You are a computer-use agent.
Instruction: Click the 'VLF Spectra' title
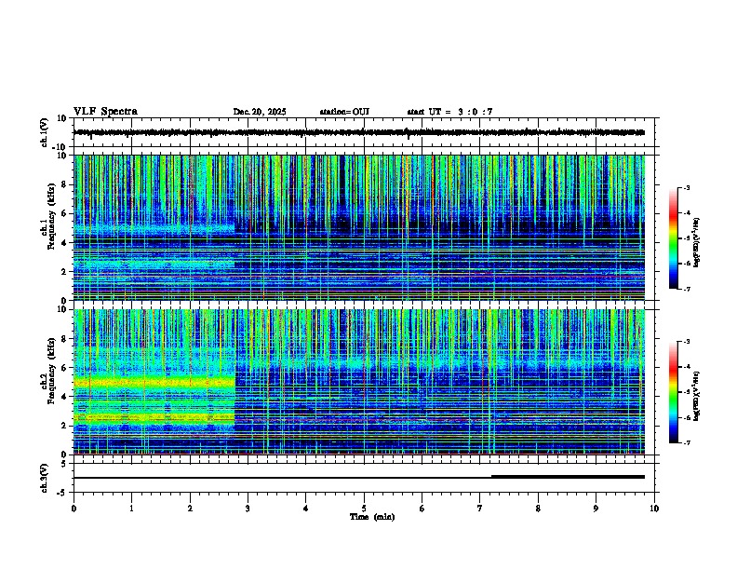click(x=105, y=112)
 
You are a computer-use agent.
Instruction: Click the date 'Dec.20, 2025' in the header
click(x=260, y=112)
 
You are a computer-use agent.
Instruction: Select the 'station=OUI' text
click(x=344, y=112)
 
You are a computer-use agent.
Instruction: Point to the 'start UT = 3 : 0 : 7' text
click(x=449, y=112)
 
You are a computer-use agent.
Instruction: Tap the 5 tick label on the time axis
click(x=364, y=508)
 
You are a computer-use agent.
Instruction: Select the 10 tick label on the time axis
click(x=654, y=508)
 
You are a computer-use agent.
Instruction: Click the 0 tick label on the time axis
click(x=74, y=508)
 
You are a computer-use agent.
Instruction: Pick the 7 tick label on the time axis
click(x=480, y=508)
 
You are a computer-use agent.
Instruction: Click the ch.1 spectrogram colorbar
click(x=673, y=239)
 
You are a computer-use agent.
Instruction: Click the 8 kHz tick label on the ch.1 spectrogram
click(x=62, y=184)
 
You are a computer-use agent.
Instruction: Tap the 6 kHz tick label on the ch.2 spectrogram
click(x=62, y=367)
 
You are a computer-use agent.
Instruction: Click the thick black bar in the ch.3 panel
click(x=568, y=477)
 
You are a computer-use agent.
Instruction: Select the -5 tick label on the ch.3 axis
click(x=61, y=491)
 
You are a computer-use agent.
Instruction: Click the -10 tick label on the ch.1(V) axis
click(x=59, y=147)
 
